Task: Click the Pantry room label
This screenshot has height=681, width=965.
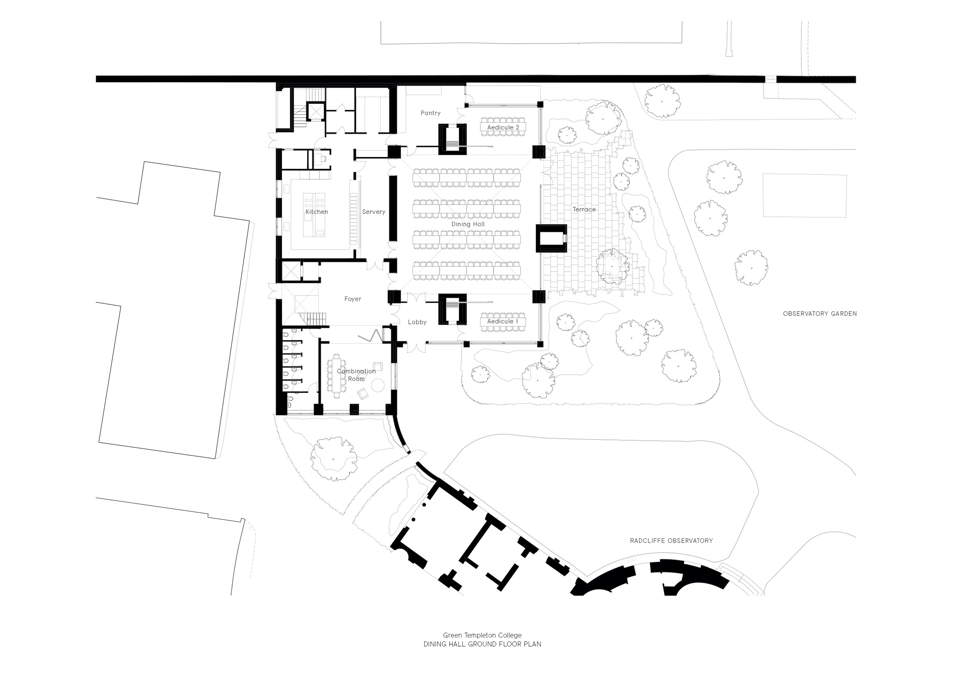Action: coord(430,113)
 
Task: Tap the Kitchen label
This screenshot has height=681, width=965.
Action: coord(316,212)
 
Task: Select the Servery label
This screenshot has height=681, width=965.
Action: coord(374,212)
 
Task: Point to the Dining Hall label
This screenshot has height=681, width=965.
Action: coord(468,224)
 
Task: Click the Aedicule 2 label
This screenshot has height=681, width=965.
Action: coord(503,128)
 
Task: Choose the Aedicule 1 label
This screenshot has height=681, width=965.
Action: coord(503,321)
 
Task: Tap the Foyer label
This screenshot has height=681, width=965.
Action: coord(353,299)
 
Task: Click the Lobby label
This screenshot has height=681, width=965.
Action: coord(417,322)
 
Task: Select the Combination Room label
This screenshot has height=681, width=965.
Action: coord(356,375)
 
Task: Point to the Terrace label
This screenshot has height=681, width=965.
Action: coord(584,209)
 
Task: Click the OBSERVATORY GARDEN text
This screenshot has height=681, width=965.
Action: coord(819,314)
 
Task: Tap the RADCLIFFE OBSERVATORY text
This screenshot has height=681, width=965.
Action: coord(671,541)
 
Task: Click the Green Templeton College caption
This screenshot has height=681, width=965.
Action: coord(482,635)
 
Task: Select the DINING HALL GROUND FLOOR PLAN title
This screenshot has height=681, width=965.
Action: coord(482,644)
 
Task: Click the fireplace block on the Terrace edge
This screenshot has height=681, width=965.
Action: coord(551,239)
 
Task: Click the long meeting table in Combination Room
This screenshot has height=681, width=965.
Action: coord(337,376)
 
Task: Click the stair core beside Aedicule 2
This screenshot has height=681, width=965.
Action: coord(452,139)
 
